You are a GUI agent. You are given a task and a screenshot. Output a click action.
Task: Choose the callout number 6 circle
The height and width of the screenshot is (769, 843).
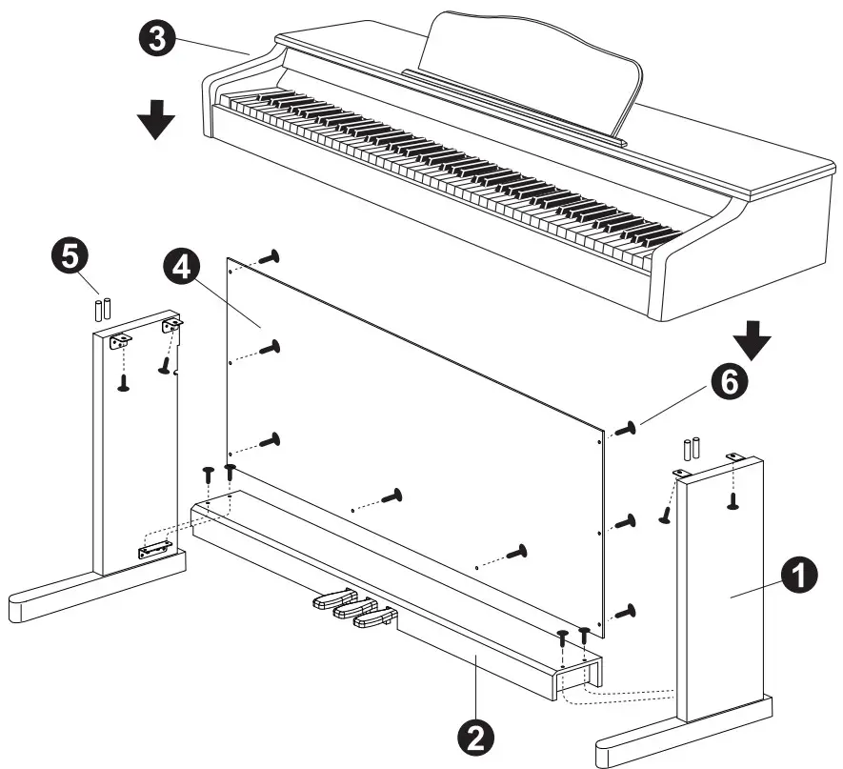[x=727, y=385]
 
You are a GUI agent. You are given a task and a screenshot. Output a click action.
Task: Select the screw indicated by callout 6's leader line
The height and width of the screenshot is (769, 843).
[x=627, y=430]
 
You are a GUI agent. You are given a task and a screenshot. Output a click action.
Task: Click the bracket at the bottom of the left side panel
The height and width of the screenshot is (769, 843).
[x=152, y=551]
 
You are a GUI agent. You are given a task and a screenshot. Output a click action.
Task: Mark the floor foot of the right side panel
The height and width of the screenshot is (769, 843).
[x=681, y=735]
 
